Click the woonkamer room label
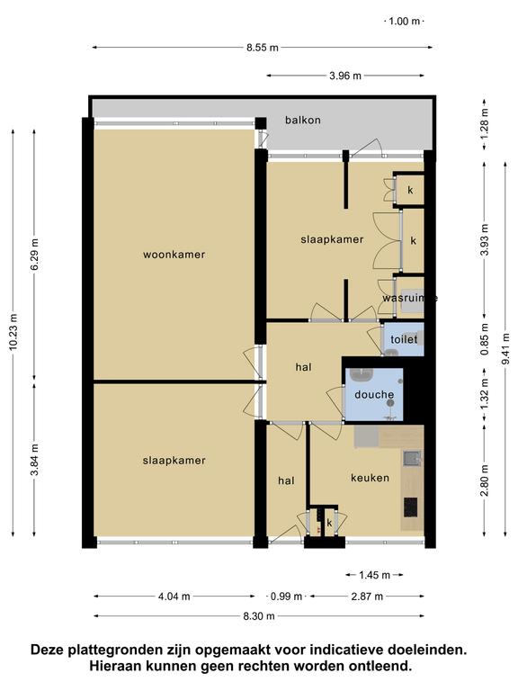(x=174, y=255)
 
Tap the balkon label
(x=302, y=120)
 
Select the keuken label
(x=370, y=478)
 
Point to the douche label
(x=374, y=394)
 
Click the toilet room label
(x=404, y=339)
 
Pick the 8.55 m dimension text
(x=263, y=48)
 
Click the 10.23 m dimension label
(x=13, y=333)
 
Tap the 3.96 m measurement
(x=345, y=76)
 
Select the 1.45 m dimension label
(x=374, y=575)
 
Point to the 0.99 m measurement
(x=286, y=597)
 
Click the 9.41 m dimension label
(x=505, y=348)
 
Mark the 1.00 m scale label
(x=405, y=22)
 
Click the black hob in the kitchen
(x=411, y=507)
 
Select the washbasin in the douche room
(x=362, y=375)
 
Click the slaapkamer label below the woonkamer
(x=174, y=461)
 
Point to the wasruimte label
(x=410, y=298)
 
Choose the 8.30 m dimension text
(x=259, y=616)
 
